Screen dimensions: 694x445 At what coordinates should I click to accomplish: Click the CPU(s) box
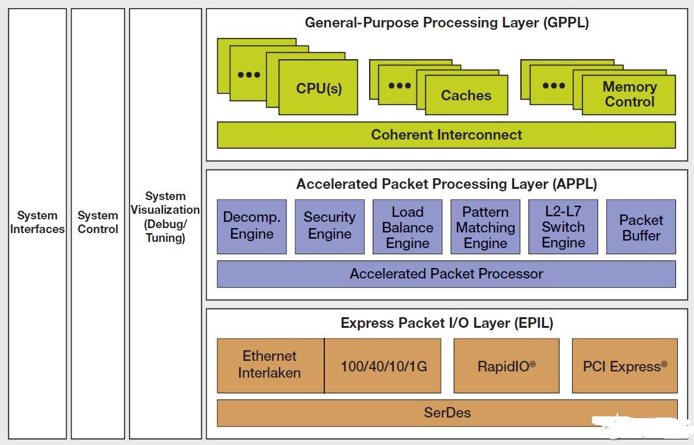[x=318, y=87]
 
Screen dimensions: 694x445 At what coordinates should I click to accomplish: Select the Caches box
[x=466, y=95]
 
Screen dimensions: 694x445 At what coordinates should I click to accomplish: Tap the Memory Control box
[x=629, y=95]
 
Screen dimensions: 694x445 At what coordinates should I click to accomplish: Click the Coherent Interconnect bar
[x=446, y=135]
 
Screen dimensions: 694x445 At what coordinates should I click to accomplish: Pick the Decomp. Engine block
[x=252, y=226]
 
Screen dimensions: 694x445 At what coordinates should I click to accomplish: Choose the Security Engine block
[x=330, y=226]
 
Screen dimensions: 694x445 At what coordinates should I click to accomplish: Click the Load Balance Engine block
[x=408, y=226]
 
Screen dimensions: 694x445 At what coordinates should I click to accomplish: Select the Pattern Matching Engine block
[x=485, y=226]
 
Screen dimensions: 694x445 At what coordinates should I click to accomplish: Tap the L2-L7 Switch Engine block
[x=563, y=226]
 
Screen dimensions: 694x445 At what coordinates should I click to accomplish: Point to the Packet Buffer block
[x=641, y=226]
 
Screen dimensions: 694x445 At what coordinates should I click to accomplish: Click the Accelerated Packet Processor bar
[x=446, y=274]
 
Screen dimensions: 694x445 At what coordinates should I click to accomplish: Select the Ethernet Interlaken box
[x=270, y=366]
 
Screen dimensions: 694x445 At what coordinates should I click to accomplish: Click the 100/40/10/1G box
[x=383, y=366]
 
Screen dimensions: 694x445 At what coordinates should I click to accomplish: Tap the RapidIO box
[x=507, y=366]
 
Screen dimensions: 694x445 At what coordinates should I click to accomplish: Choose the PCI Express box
[x=625, y=366]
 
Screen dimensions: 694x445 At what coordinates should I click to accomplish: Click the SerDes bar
[x=447, y=413]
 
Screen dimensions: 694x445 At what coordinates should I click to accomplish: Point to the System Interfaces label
[x=37, y=222]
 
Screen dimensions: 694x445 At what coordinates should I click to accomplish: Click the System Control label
[x=98, y=222]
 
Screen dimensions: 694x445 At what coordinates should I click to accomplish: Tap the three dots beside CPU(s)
[x=249, y=75]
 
